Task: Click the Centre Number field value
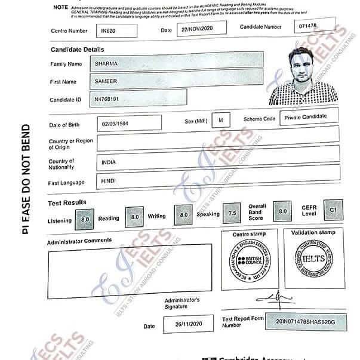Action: coord(113,29)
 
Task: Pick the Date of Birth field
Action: coord(129,123)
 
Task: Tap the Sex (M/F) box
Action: coord(221,120)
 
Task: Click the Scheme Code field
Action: coord(309,117)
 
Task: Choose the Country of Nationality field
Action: coord(218,162)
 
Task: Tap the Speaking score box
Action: coord(230,213)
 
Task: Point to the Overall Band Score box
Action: coord(282,210)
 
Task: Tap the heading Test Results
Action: coord(67,203)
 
